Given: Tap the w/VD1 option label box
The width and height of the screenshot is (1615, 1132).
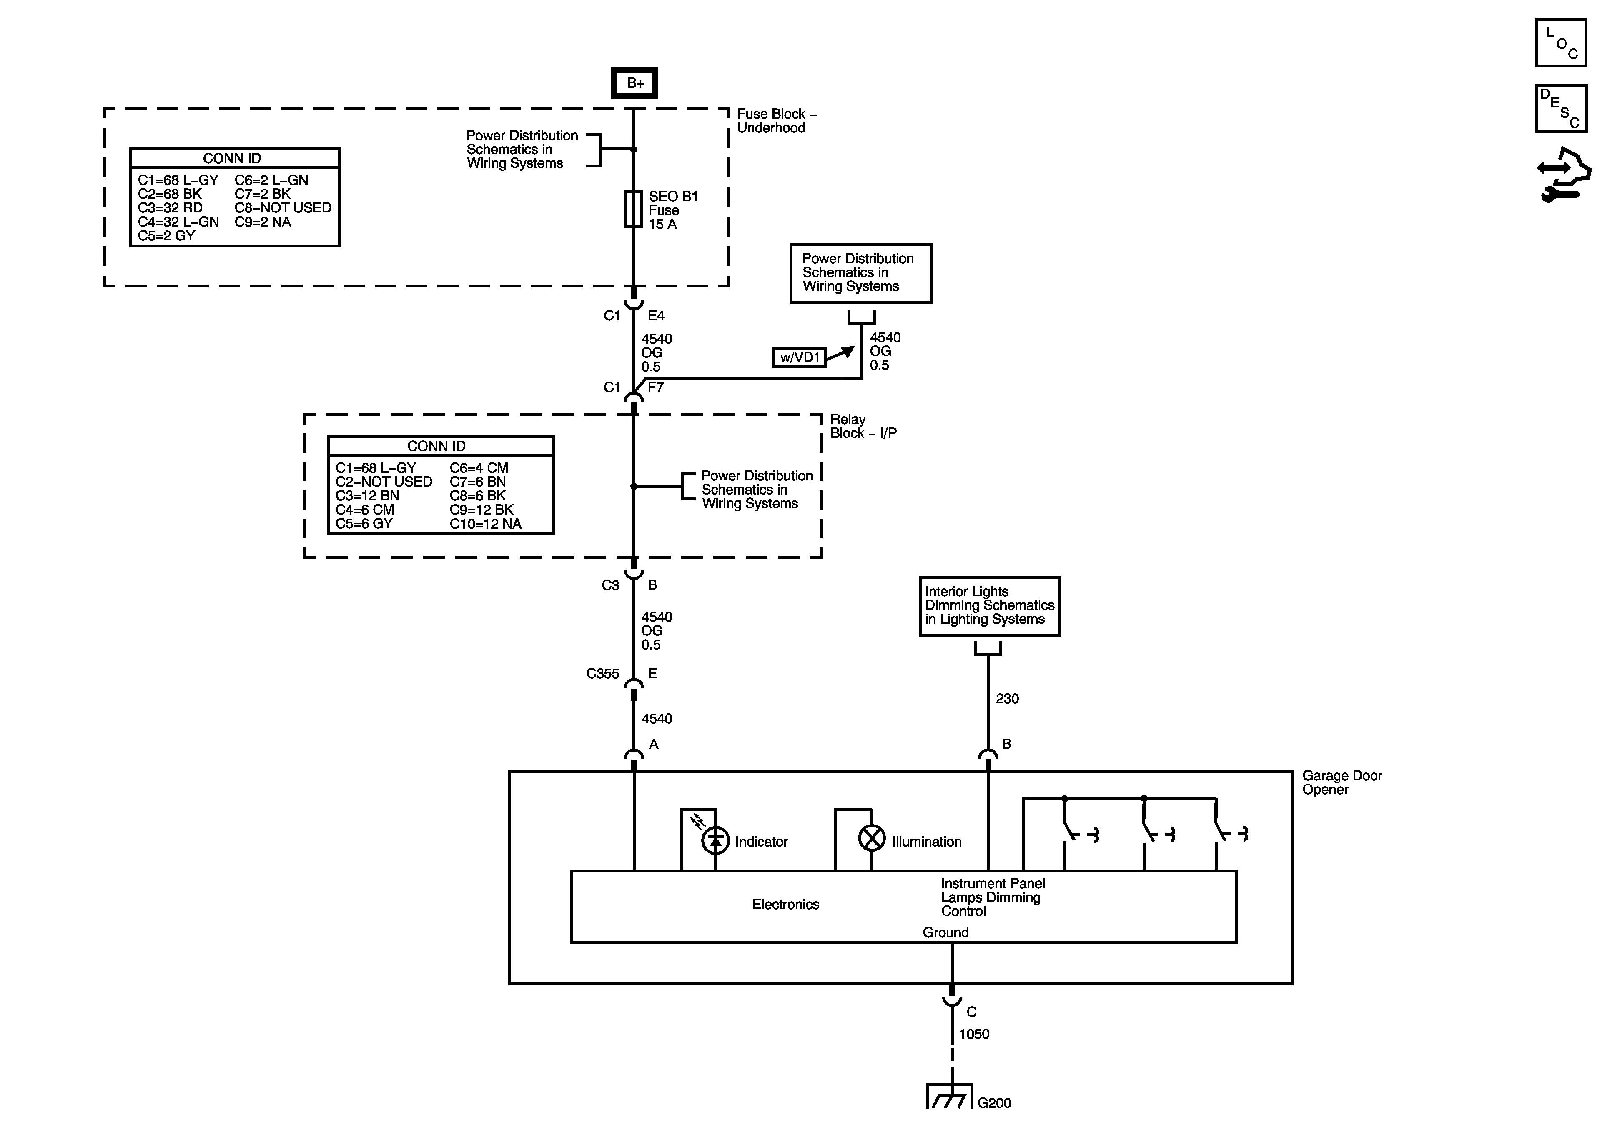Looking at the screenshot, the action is coord(800,357).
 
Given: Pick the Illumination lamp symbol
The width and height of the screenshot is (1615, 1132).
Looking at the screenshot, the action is coord(872,838).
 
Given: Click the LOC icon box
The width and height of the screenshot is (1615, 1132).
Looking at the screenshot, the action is coord(1561,43).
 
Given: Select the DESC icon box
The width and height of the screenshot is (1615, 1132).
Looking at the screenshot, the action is coord(1561,108).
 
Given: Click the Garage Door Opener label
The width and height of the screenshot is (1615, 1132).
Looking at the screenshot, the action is coord(1342,782).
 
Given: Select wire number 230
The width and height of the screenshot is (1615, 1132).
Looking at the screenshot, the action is coord(1007,698).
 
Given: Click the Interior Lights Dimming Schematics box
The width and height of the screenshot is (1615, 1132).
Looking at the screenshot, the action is coord(990,607).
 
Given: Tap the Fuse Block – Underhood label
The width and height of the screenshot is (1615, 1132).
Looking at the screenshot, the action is coord(777,121).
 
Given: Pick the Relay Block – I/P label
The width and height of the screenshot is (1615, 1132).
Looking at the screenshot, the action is coord(863,426).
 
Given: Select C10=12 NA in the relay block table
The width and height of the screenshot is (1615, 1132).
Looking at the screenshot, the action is coord(485,524).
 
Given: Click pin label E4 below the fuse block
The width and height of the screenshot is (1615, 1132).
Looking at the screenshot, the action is coord(656,316).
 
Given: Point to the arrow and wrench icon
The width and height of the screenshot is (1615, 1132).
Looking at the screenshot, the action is coord(1563,175).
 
